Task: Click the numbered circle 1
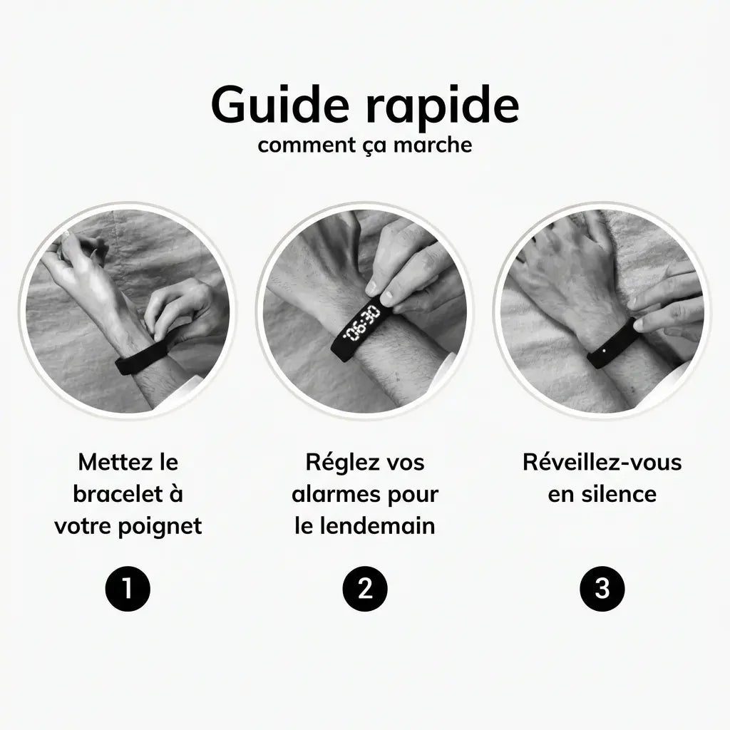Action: [128, 589]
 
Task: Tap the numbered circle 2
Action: [365, 589]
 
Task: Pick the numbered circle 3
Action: [602, 589]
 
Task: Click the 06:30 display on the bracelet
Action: [362, 324]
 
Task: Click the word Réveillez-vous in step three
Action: [602, 462]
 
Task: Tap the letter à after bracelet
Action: [175, 494]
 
